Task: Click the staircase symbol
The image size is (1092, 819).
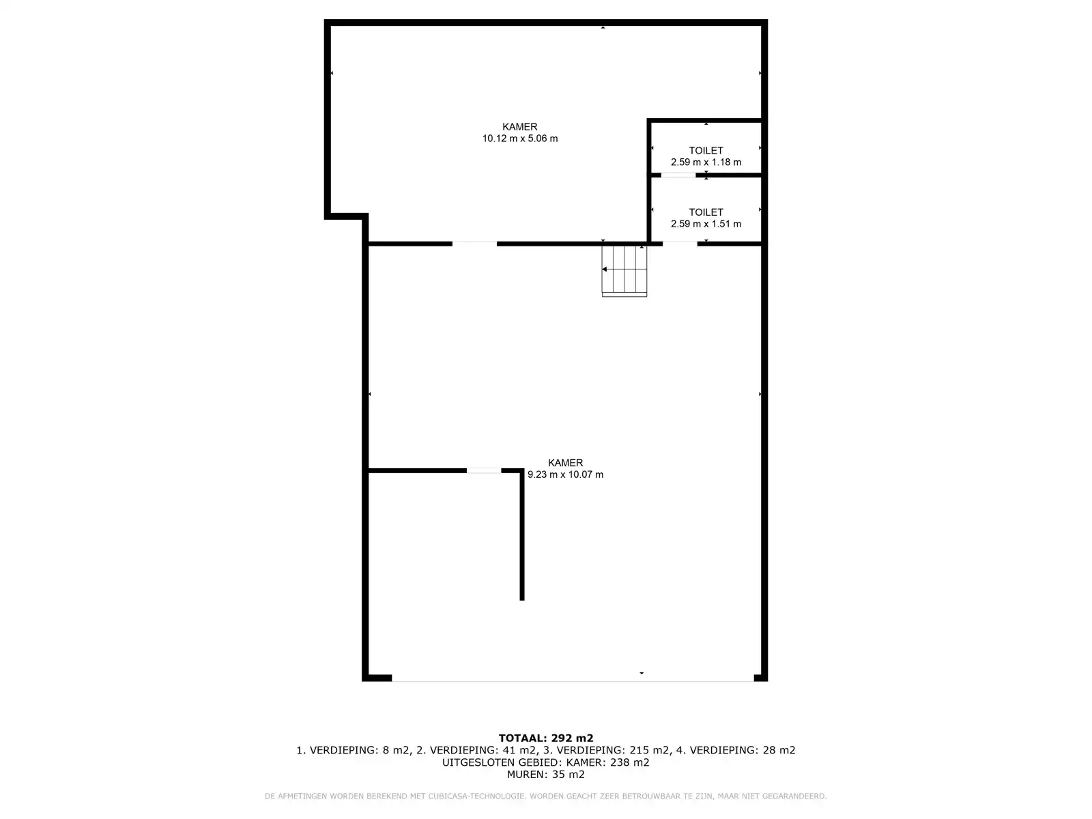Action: coord(624,271)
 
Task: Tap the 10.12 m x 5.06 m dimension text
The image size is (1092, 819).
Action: coord(520,139)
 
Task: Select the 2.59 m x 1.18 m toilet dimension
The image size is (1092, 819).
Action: coord(706,162)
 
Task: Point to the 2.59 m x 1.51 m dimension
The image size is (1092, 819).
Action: coord(706,224)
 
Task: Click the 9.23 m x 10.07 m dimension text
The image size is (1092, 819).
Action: coord(565,474)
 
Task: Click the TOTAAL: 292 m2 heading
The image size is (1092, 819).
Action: coord(546,738)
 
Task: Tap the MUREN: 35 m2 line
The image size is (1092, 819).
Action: coord(546,774)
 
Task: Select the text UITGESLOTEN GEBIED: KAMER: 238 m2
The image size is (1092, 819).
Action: coord(546,762)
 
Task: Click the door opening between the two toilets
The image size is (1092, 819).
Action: coord(678,175)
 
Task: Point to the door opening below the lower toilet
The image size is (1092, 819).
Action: coord(680,244)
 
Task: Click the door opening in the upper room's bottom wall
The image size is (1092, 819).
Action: coord(474,244)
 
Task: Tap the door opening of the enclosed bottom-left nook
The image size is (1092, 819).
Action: coord(484,470)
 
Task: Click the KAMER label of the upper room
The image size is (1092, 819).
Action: coord(520,127)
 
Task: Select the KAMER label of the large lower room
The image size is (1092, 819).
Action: coord(565,463)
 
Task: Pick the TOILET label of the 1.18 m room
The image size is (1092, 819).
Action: coord(706,150)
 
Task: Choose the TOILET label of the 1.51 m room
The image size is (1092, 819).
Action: coord(706,212)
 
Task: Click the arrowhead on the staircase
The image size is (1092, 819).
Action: coord(605,269)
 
